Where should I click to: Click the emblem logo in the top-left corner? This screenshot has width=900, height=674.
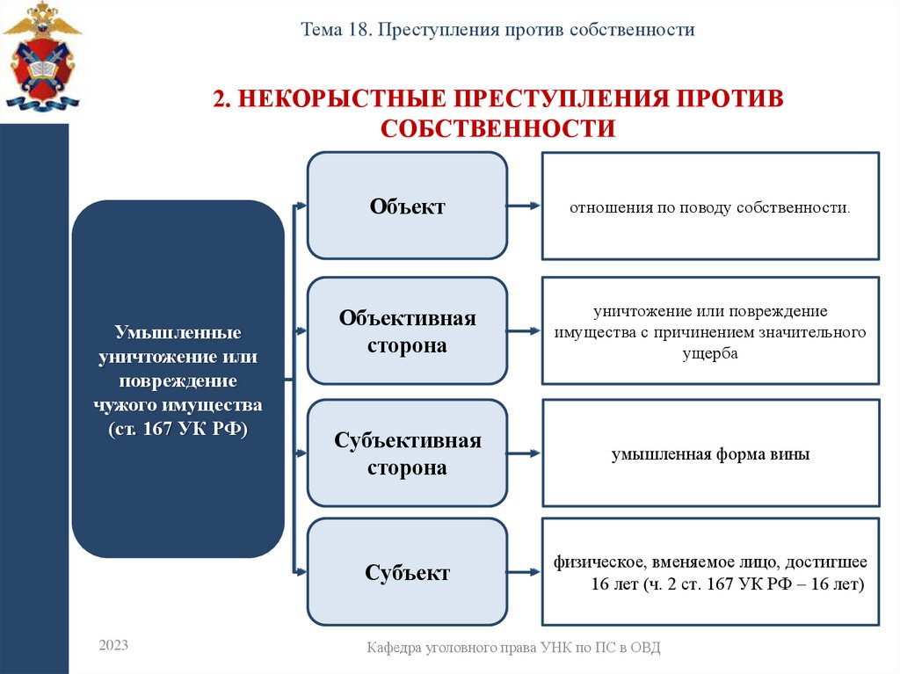tap(41, 57)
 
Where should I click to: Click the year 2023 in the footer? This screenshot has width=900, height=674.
tap(113, 645)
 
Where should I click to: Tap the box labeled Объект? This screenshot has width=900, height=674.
tap(407, 207)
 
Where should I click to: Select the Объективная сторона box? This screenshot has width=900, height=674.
tap(407, 331)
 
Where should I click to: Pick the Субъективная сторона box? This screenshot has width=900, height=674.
tap(407, 454)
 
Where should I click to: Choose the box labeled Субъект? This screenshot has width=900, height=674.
tap(407, 573)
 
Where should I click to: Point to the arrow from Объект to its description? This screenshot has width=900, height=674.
tap(524, 207)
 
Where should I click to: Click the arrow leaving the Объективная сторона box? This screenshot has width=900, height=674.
tap(524, 331)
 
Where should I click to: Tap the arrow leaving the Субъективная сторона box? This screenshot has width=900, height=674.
tap(524, 454)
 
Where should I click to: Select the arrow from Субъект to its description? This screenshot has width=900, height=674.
tap(524, 573)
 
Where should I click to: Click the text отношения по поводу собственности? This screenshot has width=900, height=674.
tap(709, 209)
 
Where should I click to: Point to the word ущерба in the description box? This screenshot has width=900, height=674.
tap(709, 352)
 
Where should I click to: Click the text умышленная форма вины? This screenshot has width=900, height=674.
tap(710, 455)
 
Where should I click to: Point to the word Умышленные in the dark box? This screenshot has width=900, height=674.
tap(178, 335)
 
